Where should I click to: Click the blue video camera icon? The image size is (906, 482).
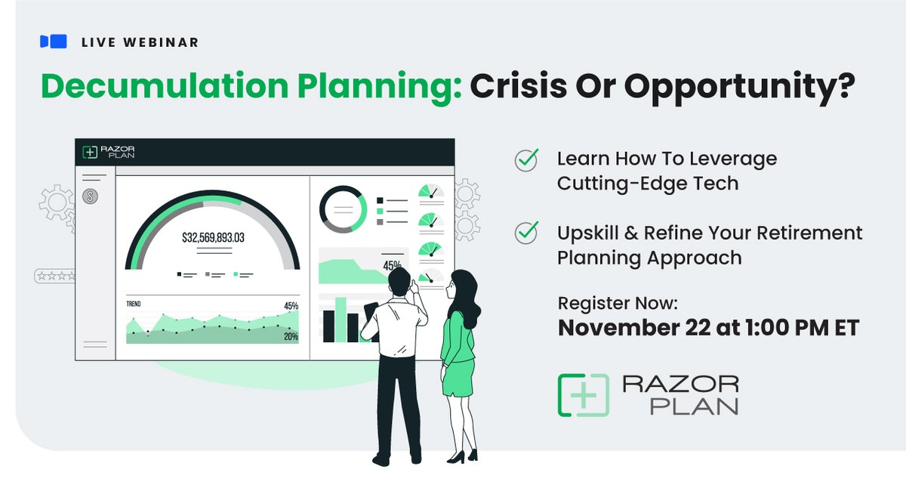53,42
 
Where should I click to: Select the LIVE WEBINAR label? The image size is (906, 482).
140,42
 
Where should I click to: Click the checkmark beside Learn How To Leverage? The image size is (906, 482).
525,160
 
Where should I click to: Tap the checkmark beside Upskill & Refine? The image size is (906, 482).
525,233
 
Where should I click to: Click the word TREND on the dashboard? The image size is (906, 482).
134,304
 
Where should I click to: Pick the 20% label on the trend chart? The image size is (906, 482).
291,337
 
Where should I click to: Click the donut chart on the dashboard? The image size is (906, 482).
343,209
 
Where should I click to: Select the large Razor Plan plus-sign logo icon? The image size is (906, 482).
583,395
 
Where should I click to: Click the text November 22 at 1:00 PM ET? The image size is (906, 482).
708,329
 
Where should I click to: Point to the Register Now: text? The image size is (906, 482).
618,303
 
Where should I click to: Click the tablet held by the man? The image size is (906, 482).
371,311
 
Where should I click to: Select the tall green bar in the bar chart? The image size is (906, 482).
341,318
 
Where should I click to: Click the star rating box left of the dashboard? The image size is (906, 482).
54,277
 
